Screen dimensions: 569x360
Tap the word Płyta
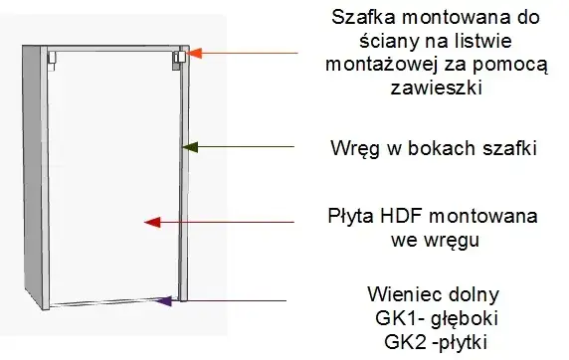tap(352, 216)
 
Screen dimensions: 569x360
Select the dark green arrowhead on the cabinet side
tap(186, 147)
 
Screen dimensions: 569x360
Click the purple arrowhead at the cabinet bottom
tap(165, 298)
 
